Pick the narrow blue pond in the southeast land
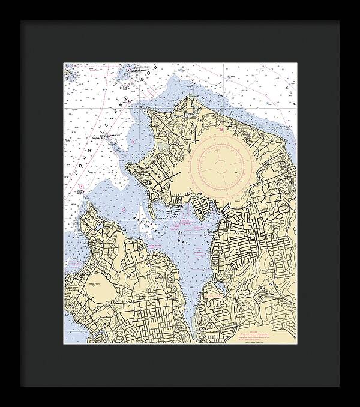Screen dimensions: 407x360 (x=223, y=289)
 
